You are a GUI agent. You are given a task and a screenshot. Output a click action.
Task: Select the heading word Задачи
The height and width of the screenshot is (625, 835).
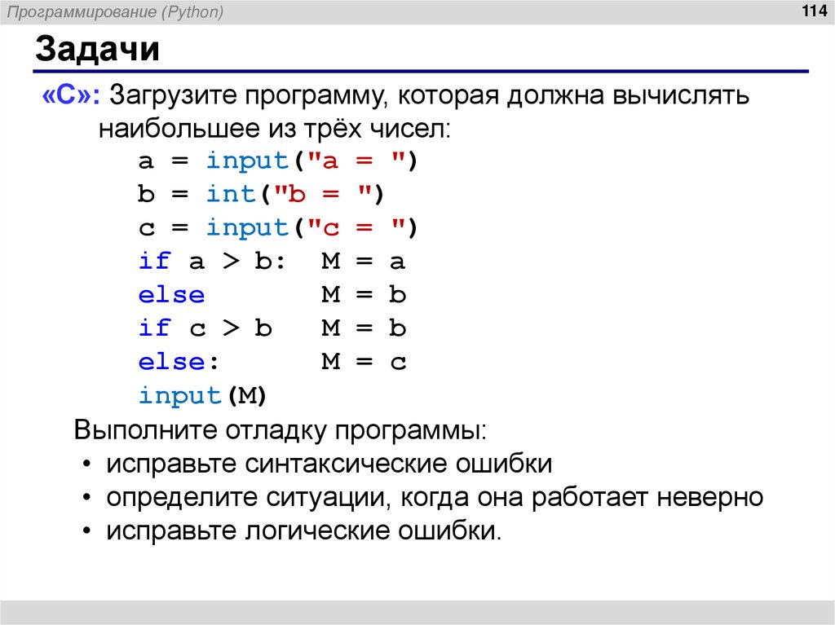96,51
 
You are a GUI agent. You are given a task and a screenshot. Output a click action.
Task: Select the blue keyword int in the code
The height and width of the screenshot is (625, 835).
231,195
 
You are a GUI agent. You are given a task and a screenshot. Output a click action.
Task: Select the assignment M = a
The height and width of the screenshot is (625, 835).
363,262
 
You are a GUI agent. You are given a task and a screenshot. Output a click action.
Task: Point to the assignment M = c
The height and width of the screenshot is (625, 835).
363,362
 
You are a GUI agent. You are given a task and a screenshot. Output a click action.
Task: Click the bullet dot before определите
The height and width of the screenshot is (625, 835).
87,498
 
